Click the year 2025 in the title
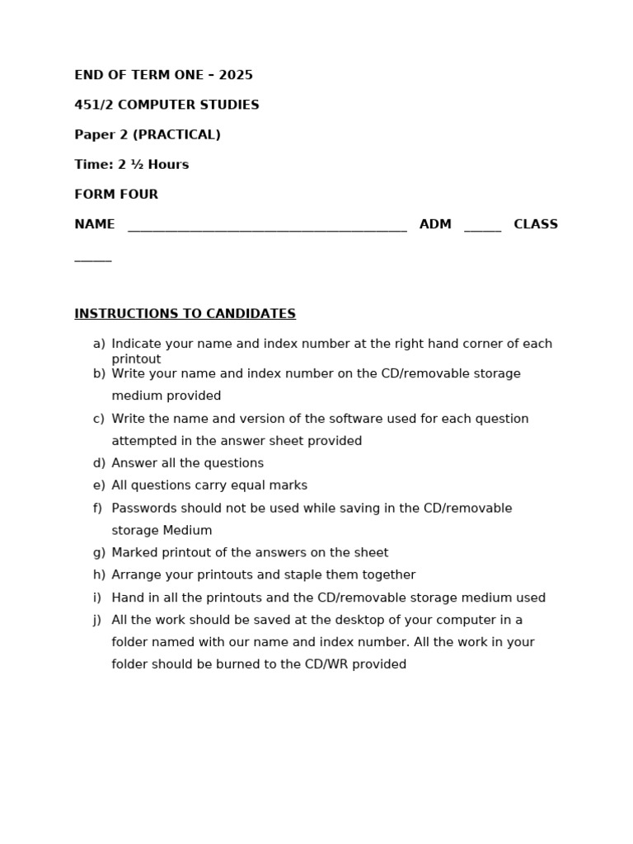click(x=236, y=76)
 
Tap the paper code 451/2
click(x=92, y=105)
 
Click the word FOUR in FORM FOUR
click(x=140, y=195)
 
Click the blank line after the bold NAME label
click(x=267, y=229)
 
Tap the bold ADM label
click(x=435, y=224)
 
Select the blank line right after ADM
click(x=482, y=229)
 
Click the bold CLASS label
click(x=536, y=224)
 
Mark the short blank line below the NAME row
click(x=92, y=259)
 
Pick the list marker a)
click(x=99, y=344)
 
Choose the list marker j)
click(x=97, y=620)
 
